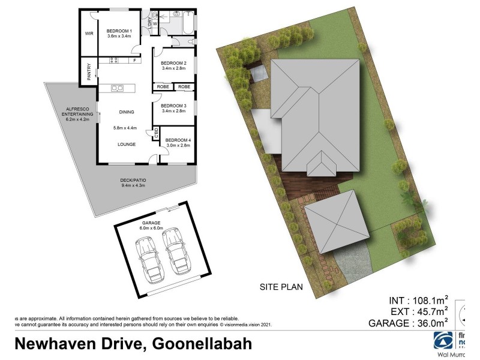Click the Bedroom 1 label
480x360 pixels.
119,31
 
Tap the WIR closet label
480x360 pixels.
91,34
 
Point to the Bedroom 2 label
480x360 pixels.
173,63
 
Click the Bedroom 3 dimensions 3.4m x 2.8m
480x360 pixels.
173,111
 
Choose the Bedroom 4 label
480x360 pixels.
178,140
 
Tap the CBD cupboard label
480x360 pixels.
156,133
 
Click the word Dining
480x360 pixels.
126,112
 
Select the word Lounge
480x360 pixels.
126,145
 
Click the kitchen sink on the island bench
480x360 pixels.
118,88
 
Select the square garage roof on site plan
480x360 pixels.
338,222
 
